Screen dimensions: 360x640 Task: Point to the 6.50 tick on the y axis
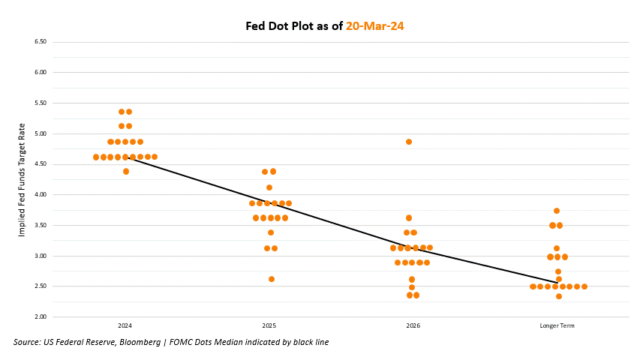[x=41, y=42]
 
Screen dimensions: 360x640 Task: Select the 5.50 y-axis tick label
[x=41, y=103]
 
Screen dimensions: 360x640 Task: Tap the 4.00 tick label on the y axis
[x=41, y=194]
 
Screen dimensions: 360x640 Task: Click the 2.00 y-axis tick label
[x=41, y=316]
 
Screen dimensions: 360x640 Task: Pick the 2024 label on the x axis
[x=125, y=326]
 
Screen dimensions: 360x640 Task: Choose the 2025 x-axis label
[x=269, y=326]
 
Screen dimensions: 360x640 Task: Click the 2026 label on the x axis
[x=413, y=326]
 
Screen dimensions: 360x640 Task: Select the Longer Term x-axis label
[x=557, y=326]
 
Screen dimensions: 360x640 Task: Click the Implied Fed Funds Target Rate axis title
[x=23, y=179]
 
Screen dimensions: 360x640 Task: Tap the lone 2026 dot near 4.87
[x=409, y=142]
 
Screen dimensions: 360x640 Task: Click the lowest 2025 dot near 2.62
[x=272, y=279]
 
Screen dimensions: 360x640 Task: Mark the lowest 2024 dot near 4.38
[x=126, y=172]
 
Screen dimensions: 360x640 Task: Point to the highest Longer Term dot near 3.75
[x=557, y=211]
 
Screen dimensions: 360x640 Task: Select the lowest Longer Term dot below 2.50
[x=559, y=296]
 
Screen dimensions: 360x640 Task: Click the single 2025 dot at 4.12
[x=269, y=187]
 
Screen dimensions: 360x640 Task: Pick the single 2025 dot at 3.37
[x=271, y=232]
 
